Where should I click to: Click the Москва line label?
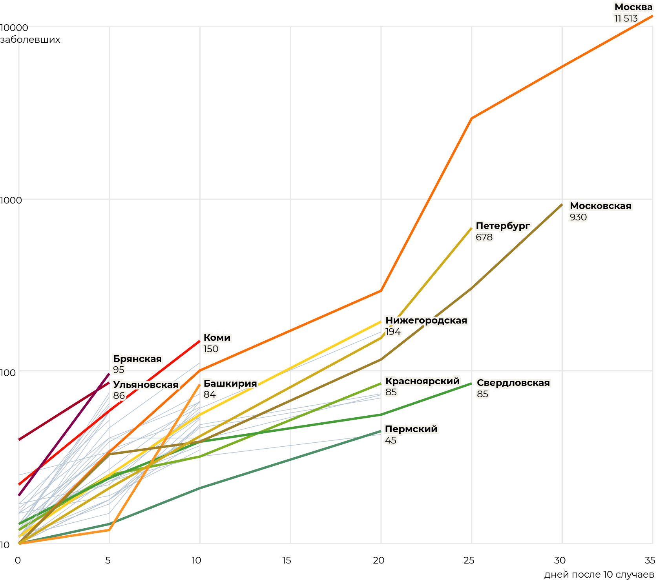coord(633,7)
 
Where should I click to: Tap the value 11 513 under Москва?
coord(626,18)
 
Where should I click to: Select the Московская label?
coord(600,206)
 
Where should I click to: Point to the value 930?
coord(578,217)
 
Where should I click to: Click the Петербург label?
coord(503,226)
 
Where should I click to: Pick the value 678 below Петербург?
coord(484,237)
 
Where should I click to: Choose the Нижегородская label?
coord(426,320)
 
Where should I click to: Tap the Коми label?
coord(217,338)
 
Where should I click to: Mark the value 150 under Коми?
coord(211,349)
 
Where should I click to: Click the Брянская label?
coord(137,359)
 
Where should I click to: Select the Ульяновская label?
coord(146,385)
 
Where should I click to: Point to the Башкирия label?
coord(230,384)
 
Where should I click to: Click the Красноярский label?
coord(422,381)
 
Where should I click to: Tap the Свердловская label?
coord(513,383)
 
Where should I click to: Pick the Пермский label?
coord(411,429)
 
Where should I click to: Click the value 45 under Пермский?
coord(391,440)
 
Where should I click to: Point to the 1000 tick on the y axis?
coord(11,200)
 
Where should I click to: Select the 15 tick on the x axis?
coord(287,560)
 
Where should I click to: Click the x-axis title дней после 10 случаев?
coord(599,575)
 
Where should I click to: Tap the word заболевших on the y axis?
coord(30,40)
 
